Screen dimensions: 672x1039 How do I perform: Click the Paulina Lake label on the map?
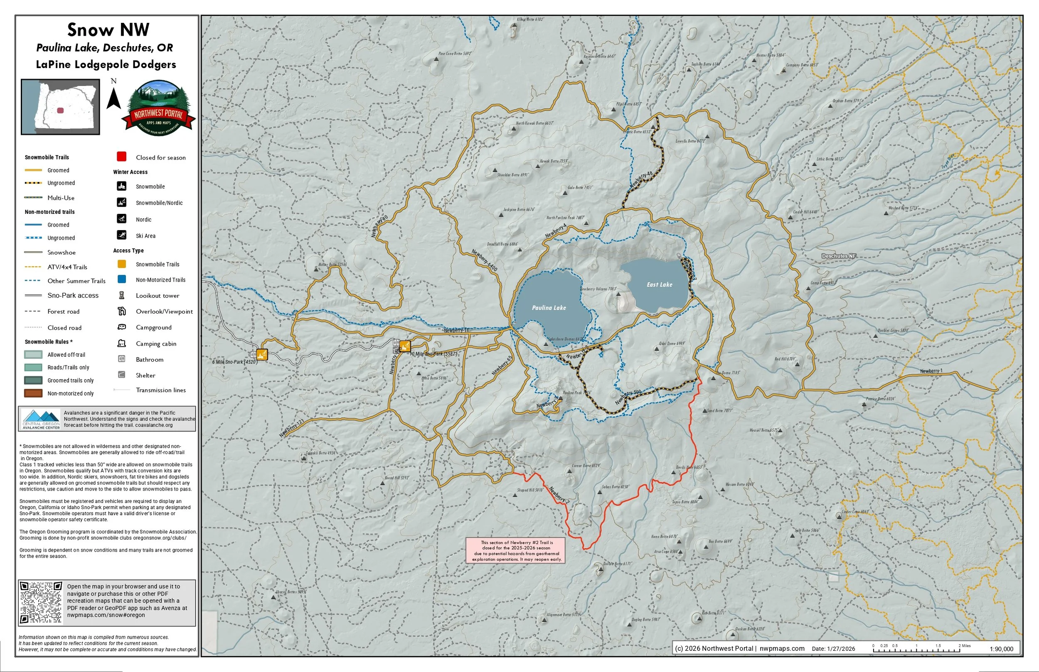[x=549, y=308]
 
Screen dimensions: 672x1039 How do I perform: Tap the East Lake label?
[x=659, y=284]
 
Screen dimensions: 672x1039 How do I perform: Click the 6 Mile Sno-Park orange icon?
[x=261, y=354]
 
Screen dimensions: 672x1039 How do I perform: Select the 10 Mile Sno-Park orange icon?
[x=405, y=346]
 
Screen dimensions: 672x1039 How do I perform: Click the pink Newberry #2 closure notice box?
[x=516, y=550]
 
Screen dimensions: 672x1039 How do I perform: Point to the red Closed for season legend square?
[x=122, y=157]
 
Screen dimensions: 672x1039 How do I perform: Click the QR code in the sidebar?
[x=42, y=603]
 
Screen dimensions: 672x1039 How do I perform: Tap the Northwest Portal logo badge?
[x=158, y=108]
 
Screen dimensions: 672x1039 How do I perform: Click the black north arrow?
[x=113, y=98]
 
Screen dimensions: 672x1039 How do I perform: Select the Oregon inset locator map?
[x=61, y=107]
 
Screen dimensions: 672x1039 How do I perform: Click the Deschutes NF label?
[x=839, y=256]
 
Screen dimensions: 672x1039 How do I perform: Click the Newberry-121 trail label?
[x=291, y=428]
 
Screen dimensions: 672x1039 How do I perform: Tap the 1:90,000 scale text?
[x=1001, y=649]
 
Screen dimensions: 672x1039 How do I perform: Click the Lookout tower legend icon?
[x=122, y=295]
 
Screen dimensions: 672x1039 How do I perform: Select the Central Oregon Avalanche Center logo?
[x=41, y=419]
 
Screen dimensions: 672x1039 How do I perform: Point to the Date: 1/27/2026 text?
[x=833, y=649]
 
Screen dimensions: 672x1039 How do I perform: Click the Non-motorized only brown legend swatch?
[x=33, y=393]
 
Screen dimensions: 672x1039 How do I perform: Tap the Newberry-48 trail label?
[x=641, y=180]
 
